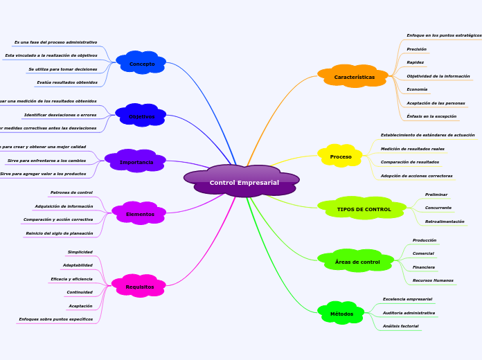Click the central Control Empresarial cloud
tap(244, 182)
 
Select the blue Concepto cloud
tap(142, 64)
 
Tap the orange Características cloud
tap(354, 77)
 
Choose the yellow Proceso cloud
tap(341, 156)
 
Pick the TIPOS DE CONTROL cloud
tap(364, 209)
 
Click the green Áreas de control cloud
tap(357, 262)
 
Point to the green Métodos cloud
tap(341, 314)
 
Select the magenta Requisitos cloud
tap(140, 287)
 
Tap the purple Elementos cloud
tap(140, 214)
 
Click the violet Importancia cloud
tap(136, 162)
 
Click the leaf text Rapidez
tap(416, 62)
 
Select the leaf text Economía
tap(417, 89)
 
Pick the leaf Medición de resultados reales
tap(413, 149)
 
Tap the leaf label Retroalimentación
tap(445, 222)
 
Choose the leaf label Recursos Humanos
tap(433, 280)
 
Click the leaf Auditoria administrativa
tap(409, 313)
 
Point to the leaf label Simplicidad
tap(80, 252)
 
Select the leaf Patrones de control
tap(71, 192)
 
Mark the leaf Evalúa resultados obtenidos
tap(67, 82)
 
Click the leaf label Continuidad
tap(79, 292)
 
